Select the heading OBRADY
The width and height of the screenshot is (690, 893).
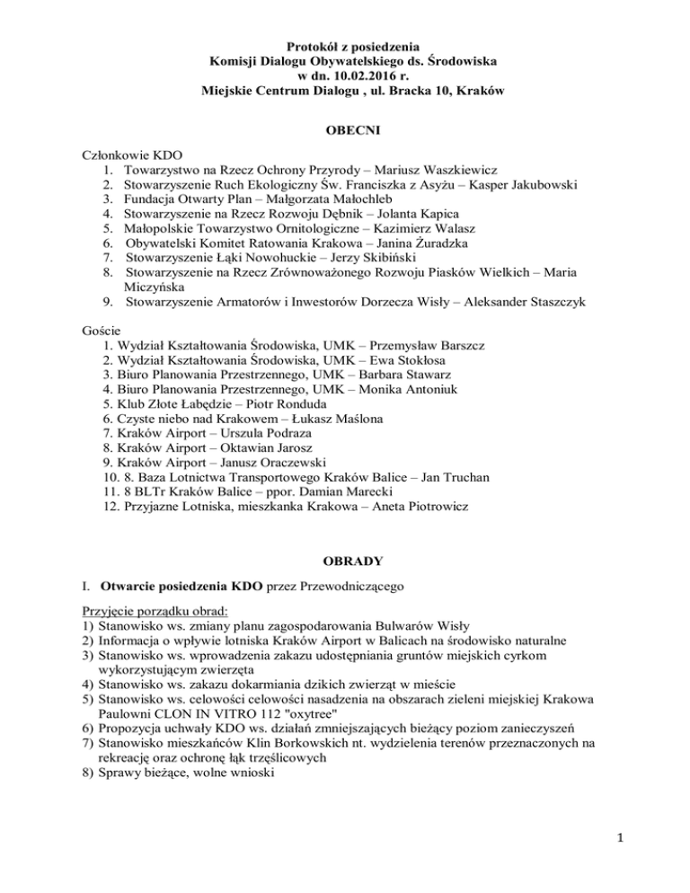point(345,561)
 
